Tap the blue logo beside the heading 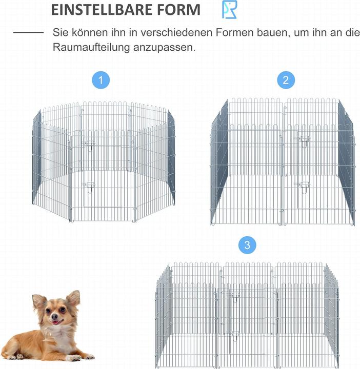229,10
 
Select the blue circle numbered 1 101,80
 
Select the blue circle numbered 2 286,80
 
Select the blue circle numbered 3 247,245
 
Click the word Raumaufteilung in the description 91,47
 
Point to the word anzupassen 165,48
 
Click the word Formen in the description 234,32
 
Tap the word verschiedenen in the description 176,32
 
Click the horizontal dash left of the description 29,32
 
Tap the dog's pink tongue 55,322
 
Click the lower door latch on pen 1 89,187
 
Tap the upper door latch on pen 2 304,141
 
